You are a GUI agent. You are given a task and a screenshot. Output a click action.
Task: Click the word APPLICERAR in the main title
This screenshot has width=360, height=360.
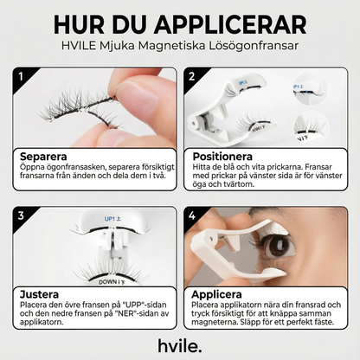point(230,24)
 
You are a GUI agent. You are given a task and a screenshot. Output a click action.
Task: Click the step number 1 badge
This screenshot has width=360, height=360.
point(21,76)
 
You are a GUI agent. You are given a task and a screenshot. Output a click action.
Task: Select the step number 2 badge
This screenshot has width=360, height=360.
point(192,76)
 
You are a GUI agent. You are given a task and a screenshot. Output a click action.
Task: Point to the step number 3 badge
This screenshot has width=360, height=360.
point(21,215)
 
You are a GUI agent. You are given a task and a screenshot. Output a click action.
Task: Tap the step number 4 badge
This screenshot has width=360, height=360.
point(192,215)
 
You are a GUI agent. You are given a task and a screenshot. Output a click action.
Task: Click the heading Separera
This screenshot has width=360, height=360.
point(43,157)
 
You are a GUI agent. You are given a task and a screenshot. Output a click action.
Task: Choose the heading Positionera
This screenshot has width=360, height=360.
point(222,157)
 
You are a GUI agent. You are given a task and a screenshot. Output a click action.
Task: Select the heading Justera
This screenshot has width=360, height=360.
point(39,294)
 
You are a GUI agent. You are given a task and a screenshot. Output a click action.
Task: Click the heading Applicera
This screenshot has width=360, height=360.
point(216,294)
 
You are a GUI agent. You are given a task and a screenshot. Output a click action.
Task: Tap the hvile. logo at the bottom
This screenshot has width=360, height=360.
point(180,345)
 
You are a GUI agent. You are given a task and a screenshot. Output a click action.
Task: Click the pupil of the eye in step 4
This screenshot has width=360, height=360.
point(279,247)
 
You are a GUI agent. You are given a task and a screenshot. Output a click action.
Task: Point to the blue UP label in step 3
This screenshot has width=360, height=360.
point(112,219)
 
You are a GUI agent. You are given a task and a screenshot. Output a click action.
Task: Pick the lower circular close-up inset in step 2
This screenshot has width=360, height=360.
point(311,128)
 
